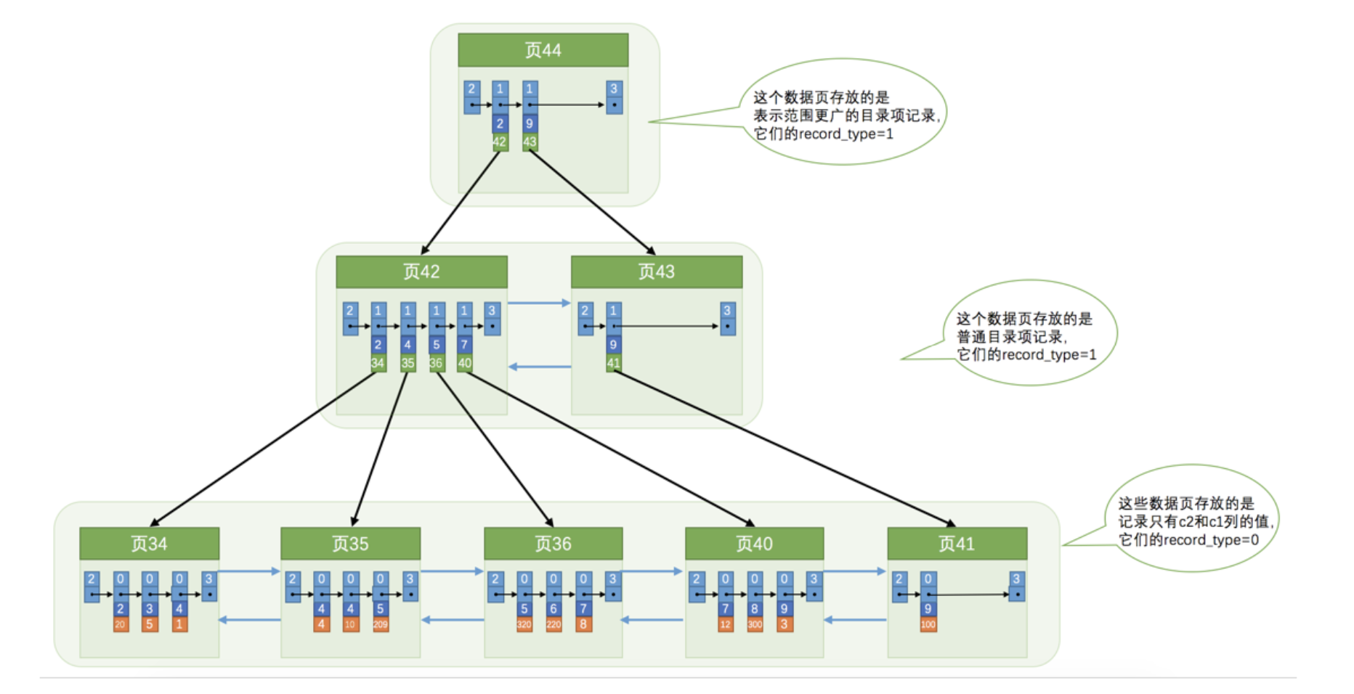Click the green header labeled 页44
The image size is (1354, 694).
(x=543, y=50)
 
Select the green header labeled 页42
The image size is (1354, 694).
(x=421, y=272)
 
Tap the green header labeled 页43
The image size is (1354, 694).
(x=656, y=272)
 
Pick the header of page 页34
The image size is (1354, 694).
(x=149, y=544)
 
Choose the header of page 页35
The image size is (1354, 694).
(x=350, y=544)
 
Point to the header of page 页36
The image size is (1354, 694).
(x=553, y=544)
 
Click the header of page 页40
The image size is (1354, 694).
(x=754, y=544)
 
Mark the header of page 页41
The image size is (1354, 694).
(x=957, y=544)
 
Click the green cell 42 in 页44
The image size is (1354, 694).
(x=500, y=142)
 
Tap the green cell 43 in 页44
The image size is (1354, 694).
(x=530, y=142)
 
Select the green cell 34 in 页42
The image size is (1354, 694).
(x=378, y=363)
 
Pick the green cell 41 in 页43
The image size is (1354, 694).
(x=614, y=363)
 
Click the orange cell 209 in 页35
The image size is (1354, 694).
(x=380, y=624)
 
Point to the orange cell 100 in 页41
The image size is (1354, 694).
(x=928, y=624)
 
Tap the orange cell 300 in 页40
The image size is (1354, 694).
(x=755, y=624)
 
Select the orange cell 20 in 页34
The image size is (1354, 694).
(x=121, y=624)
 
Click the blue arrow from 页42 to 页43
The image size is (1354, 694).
(x=538, y=303)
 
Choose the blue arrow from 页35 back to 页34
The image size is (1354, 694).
(x=249, y=620)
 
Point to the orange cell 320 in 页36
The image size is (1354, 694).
(x=524, y=624)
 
